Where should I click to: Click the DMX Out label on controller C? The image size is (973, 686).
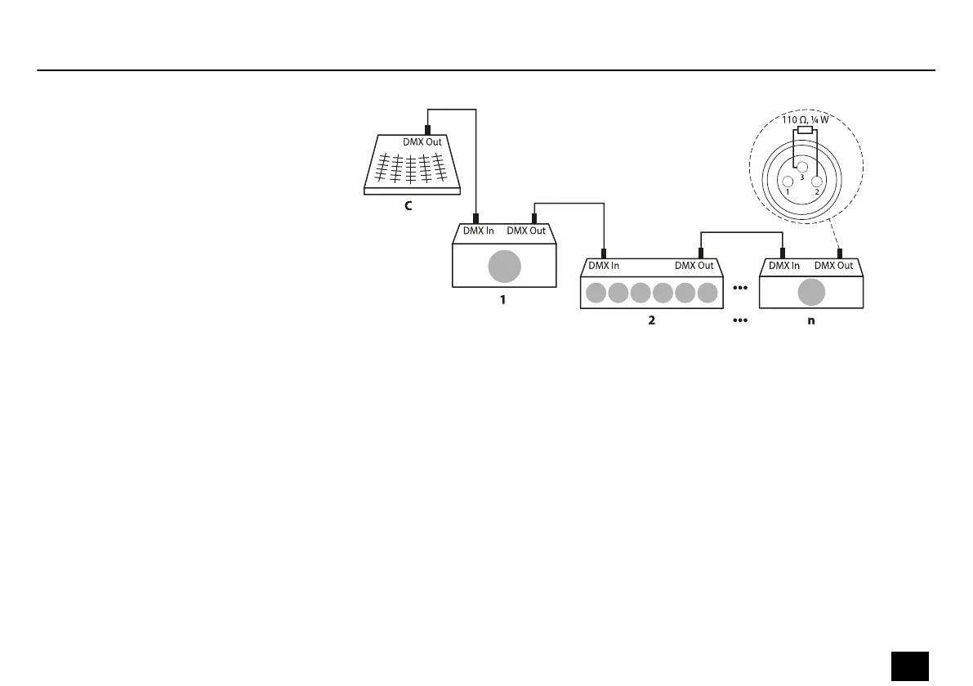[x=422, y=141]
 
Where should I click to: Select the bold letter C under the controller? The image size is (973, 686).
[x=408, y=207]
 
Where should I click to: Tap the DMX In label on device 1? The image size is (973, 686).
[x=478, y=231]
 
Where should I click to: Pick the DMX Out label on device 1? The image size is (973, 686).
[x=526, y=231]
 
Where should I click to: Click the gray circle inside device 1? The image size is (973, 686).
[x=504, y=267]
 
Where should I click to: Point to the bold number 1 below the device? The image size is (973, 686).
[x=503, y=300]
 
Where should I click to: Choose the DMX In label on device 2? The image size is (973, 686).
[x=604, y=265]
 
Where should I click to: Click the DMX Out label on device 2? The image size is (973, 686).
[x=694, y=265]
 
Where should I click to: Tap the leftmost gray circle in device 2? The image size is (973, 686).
[x=596, y=292]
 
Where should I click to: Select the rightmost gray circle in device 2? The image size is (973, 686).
[x=707, y=292]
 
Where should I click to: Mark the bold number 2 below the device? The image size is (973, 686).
[x=651, y=321]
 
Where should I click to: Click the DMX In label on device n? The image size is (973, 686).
[x=784, y=265]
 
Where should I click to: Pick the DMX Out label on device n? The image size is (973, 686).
[x=833, y=265]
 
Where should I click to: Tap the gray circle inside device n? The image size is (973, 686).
[x=810, y=292]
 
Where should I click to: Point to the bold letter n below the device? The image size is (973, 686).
[x=810, y=321]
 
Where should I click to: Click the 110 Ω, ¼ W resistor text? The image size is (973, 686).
[x=806, y=120]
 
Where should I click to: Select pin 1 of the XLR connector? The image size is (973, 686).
[x=788, y=182]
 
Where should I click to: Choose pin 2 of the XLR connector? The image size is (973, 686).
[x=815, y=181]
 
